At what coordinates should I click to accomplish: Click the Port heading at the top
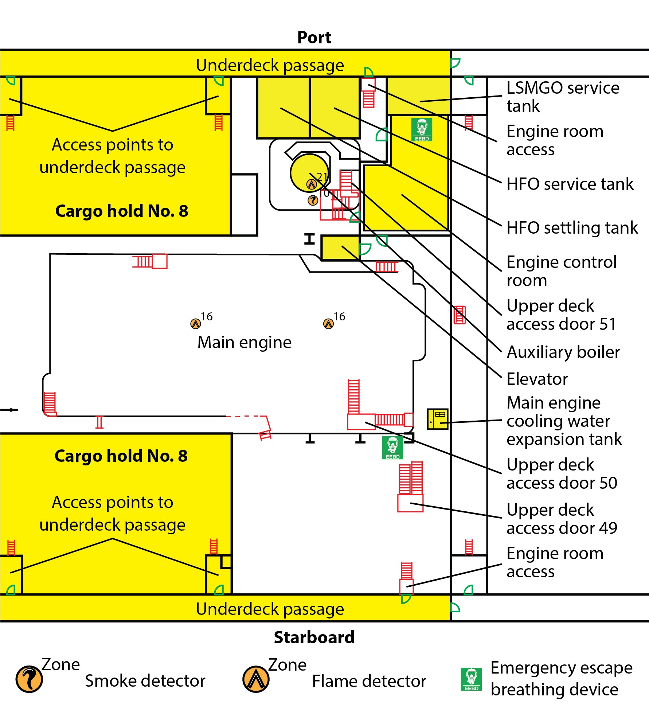point(314,38)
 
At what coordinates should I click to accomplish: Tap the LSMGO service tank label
point(563,97)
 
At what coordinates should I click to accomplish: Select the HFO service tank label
point(570,184)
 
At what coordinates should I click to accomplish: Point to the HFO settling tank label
point(572,228)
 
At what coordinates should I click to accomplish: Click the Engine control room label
point(561,271)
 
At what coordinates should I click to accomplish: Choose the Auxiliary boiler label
point(563,352)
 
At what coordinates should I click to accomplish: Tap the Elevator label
point(537,379)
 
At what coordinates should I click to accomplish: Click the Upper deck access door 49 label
point(562,519)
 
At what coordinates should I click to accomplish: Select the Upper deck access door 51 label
point(561,315)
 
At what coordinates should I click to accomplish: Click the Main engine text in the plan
point(245,342)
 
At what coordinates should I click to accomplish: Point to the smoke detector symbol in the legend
point(29,679)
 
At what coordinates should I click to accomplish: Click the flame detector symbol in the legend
point(256,679)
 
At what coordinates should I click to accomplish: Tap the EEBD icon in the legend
point(471,679)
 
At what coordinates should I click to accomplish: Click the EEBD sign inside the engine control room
point(422,129)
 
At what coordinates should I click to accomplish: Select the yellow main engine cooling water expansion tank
point(437,419)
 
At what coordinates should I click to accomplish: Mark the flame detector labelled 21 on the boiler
point(311,184)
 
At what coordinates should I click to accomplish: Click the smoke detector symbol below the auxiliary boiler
point(313,200)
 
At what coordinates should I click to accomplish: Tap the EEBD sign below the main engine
point(392,448)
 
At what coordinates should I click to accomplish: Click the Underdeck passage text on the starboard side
point(270,609)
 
